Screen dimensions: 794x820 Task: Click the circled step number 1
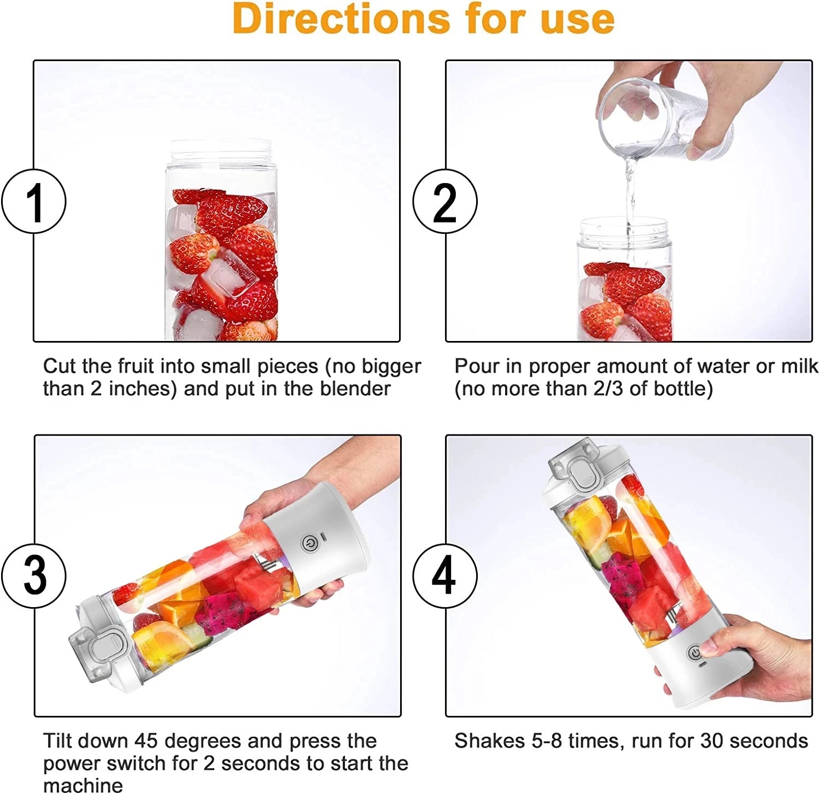point(34,202)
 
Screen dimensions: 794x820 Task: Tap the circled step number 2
point(444,202)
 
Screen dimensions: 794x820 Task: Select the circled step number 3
point(34,575)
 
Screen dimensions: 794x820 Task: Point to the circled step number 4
point(444,575)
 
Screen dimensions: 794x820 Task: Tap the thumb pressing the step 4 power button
point(711,649)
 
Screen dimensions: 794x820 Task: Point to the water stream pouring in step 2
point(630,191)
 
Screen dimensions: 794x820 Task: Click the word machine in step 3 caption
point(83,785)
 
